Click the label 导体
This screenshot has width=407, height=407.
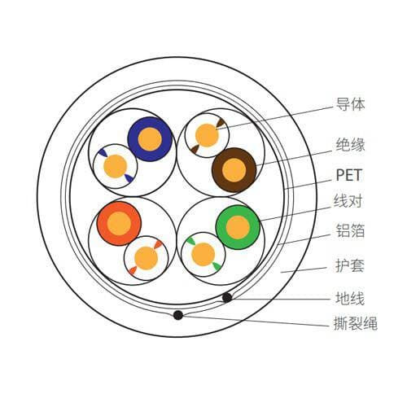click(350, 104)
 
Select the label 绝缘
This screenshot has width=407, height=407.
click(350, 144)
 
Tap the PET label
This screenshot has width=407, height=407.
click(348, 175)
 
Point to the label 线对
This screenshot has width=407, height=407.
click(348, 201)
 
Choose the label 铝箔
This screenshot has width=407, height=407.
click(350, 231)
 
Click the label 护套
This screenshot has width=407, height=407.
click(350, 265)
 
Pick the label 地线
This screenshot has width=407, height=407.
click(350, 298)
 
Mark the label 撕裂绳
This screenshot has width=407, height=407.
click(356, 323)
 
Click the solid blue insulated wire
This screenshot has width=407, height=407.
click(150, 139)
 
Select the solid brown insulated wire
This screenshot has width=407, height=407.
click(234, 170)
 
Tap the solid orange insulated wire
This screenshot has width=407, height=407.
click(119, 224)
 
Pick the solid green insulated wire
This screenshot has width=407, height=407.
click(238, 227)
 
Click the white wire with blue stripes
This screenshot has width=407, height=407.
click(116, 166)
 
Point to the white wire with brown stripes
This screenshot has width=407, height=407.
click(207, 135)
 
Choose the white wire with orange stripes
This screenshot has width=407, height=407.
click(147, 258)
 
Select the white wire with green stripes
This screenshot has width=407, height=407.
click(203, 255)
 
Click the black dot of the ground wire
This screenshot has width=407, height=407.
click(227, 298)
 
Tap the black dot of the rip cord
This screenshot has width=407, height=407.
click(178, 315)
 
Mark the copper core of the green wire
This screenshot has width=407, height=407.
click(238, 227)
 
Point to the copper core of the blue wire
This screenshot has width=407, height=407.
click(150, 139)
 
